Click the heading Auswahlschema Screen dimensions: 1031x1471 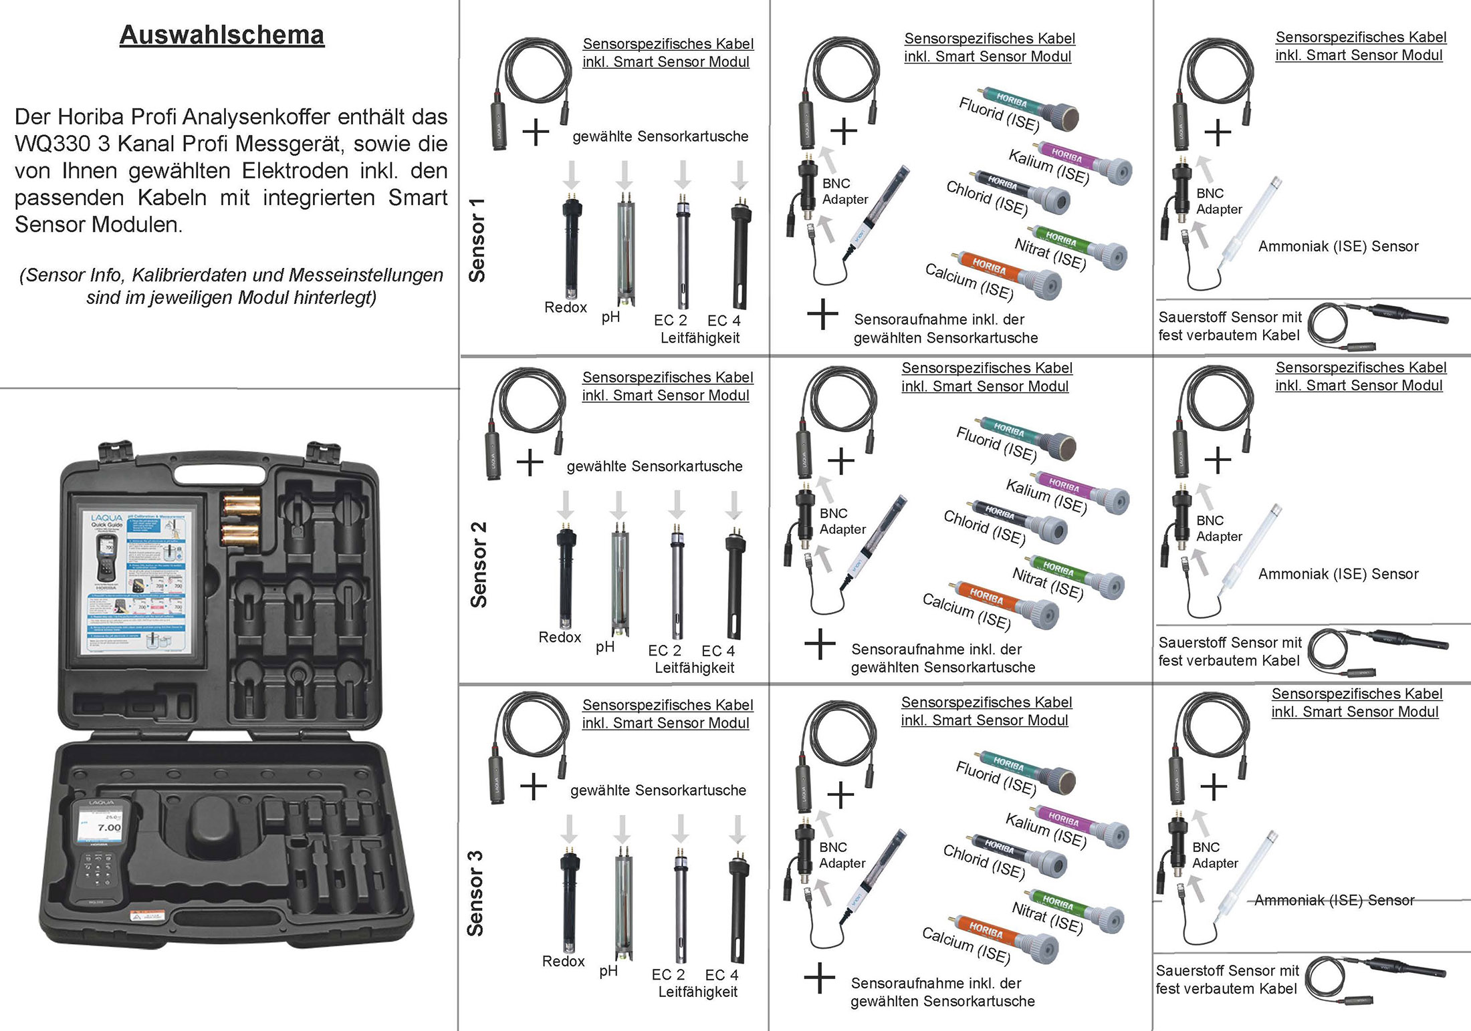point(221,35)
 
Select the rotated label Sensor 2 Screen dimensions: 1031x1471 point(479,565)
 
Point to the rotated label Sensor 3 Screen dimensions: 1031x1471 point(475,893)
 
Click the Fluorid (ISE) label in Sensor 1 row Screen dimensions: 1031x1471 point(999,114)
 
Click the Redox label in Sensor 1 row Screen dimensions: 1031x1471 point(565,307)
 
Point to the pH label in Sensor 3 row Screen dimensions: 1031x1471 point(608,971)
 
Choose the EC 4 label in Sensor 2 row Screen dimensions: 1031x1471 point(718,651)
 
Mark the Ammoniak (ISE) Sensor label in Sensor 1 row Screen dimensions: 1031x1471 point(1338,247)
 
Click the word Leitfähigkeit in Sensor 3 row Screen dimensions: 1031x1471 point(697,992)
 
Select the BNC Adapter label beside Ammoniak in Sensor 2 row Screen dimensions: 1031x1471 point(1219,529)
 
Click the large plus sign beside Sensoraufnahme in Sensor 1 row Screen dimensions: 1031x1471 point(822,314)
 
